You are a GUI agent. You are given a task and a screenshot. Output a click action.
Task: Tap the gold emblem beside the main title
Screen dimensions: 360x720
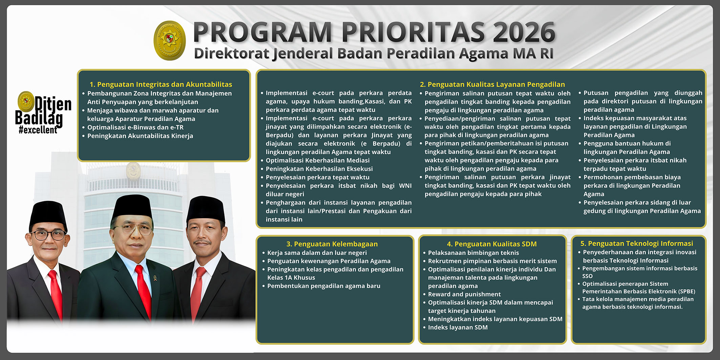(x=170, y=40)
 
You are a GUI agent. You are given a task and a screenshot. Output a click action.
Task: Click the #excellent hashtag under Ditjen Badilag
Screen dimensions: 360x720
(x=38, y=130)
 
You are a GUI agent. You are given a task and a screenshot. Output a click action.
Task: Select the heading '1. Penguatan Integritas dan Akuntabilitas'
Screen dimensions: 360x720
(x=161, y=84)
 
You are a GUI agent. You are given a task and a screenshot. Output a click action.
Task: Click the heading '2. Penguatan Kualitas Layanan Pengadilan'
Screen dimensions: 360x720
(x=492, y=84)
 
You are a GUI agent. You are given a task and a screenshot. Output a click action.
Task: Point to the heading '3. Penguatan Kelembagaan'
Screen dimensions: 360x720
(x=332, y=244)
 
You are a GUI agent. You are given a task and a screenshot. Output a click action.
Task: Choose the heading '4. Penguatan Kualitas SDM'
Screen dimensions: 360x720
(x=492, y=244)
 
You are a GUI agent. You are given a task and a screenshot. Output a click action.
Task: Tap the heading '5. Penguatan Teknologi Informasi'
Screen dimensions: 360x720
(x=636, y=243)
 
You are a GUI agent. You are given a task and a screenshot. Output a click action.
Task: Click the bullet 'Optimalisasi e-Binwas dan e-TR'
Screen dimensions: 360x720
(x=135, y=127)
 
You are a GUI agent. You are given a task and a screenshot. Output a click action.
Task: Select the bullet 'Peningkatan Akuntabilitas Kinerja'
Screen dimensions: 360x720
(x=140, y=136)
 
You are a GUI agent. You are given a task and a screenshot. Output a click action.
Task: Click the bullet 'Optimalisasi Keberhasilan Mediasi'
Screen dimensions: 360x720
(x=318, y=160)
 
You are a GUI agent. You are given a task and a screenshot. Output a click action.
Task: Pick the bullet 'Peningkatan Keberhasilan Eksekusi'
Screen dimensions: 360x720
(x=319, y=169)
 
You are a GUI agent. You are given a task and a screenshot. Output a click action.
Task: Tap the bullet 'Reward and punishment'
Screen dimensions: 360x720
(x=464, y=294)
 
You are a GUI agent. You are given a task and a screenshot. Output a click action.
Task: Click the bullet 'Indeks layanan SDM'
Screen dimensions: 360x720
(x=458, y=327)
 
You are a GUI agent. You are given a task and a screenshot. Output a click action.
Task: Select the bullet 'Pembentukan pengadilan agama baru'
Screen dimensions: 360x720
(x=324, y=286)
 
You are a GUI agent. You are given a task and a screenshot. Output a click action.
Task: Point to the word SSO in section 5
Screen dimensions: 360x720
(x=588, y=276)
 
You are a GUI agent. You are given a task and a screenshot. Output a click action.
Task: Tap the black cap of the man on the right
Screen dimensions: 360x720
(x=206, y=208)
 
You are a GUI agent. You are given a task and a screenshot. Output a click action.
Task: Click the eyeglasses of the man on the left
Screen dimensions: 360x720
(x=48, y=235)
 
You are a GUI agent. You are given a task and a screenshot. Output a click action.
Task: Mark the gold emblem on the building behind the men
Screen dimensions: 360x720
(x=133, y=170)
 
